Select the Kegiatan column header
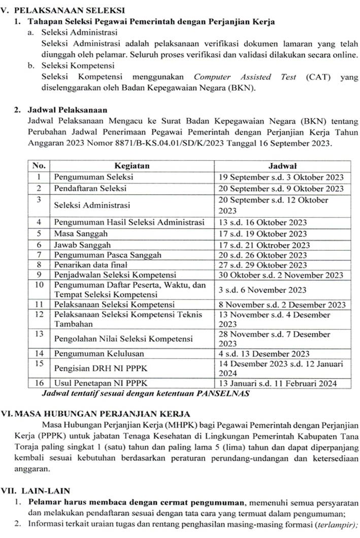(132, 166)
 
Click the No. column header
(39, 166)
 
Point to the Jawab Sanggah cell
(82, 245)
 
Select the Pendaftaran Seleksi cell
(90, 188)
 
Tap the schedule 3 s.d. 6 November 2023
(263, 290)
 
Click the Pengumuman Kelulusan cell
(99, 353)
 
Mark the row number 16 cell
(39, 383)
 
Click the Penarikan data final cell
(91, 265)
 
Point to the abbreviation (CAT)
(317, 77)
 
